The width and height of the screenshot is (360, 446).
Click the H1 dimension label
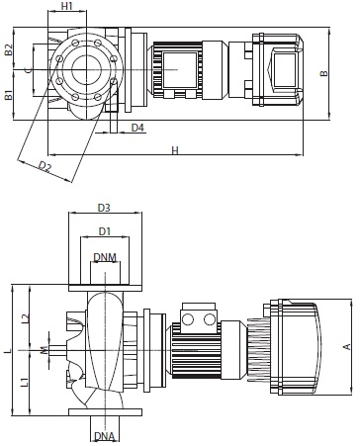pos(67,6)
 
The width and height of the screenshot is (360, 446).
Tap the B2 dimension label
pos(9,49)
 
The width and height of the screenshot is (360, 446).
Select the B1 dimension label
pos(9,95)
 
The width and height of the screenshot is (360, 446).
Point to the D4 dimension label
pos(137,128)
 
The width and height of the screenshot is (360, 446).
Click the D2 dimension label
pos(45,166)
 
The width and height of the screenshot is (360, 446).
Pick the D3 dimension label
pos(104,208)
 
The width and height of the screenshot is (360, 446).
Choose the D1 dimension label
pos(105,231)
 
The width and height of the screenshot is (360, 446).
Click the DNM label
pos(105,257)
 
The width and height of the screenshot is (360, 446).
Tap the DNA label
pos(105,436)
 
